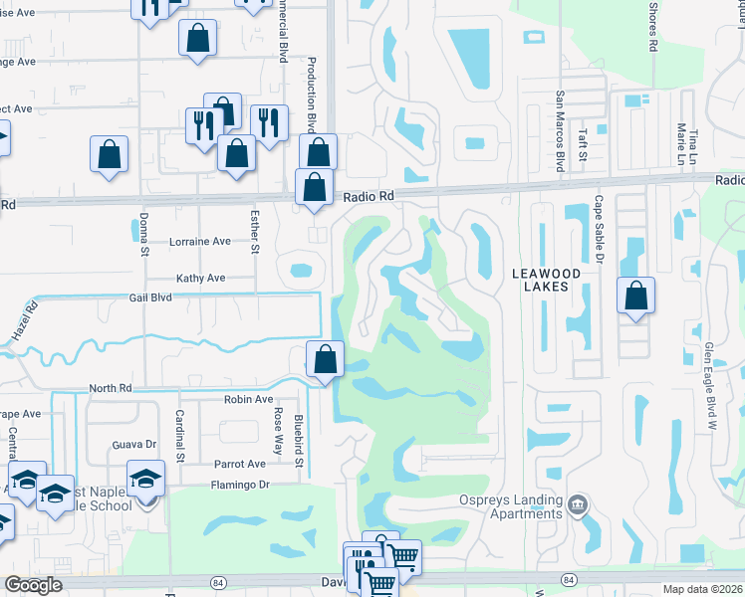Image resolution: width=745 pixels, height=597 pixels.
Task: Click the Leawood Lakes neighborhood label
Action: pyautogui.click(x=540, y=280)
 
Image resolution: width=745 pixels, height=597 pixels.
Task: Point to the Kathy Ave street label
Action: pyautogui.click(x=201, y=279)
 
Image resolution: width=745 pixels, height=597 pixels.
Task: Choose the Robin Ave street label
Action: pyautogui.click(x=248, y=399)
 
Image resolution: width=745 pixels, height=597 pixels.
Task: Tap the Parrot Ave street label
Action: pyautogui.click(x=240, y=464)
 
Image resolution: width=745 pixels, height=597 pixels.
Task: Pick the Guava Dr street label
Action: pyautogui.click(x=136, y=445)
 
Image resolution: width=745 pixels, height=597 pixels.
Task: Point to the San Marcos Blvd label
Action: pyautogui.click(x=560, y=132)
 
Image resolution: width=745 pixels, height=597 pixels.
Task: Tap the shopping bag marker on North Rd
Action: pyautogui.click(x=325, y=359)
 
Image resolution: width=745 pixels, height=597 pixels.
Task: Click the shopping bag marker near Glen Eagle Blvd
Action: pyautogui.click(x=634, y=296)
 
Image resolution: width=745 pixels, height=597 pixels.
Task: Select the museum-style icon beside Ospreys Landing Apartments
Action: pyautogui.click(x=577, y=506)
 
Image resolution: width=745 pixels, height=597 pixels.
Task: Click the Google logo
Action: pyautogui.click(x=33, y=585)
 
